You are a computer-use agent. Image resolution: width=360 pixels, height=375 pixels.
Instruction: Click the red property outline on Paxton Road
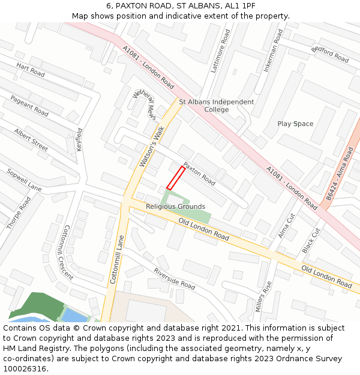pos(175,178)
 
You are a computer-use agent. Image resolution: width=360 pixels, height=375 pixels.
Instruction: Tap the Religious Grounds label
pos(175,206)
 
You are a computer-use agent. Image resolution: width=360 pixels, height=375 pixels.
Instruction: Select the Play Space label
pos(295,124)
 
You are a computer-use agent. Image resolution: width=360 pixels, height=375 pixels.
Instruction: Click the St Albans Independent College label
pos(217,106)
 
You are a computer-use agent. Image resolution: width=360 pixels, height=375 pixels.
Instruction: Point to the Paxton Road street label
pos(199,174)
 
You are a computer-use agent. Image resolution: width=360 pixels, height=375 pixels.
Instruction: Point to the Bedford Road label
pos(331,54)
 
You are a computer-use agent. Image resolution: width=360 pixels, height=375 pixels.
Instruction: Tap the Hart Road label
pos(31,70)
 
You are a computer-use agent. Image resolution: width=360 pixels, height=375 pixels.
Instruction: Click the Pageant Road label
pos(29,106)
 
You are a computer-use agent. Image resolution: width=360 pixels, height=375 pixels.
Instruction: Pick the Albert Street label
pos(31,140)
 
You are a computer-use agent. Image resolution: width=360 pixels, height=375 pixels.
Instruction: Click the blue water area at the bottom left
pos(73,315)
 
